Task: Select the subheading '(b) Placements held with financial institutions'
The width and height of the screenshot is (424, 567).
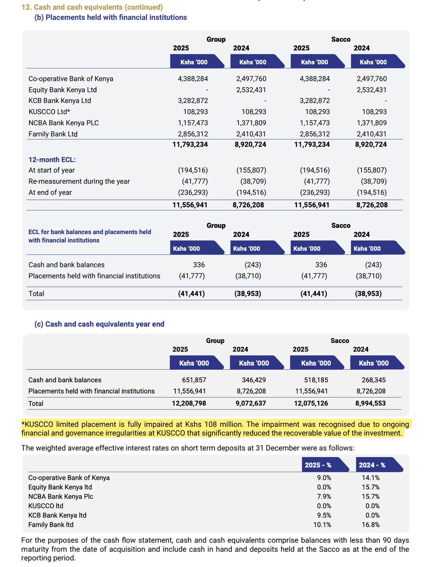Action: point(110,17)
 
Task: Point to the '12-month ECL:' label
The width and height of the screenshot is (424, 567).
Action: point(50,160)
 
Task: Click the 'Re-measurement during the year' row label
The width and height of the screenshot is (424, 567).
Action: point(79,181)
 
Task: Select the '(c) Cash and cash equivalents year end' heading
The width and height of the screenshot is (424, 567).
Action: point(99,324)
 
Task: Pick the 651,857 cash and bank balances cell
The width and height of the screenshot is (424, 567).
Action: point(194,380)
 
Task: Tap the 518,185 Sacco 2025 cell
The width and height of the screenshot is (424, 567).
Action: point(314,380)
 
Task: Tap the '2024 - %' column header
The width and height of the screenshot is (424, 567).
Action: point(373,465)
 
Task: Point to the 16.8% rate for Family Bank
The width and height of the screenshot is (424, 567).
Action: point(371,524)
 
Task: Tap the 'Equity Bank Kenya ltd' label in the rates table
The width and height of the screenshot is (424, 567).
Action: point(60,487)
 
